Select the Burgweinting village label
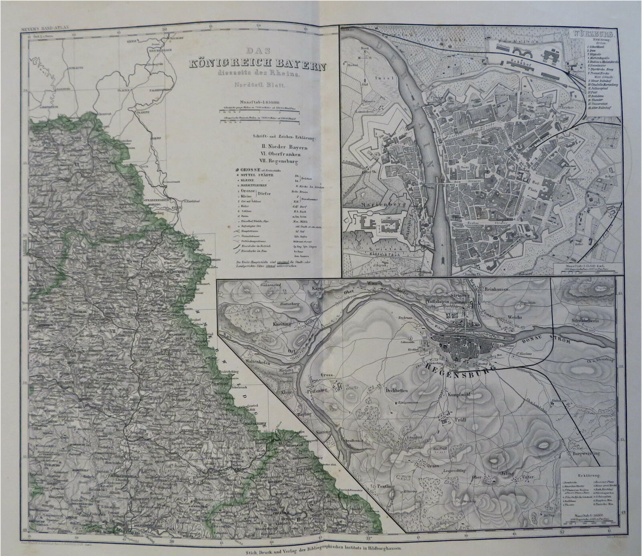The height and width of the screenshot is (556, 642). pos(587,453)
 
